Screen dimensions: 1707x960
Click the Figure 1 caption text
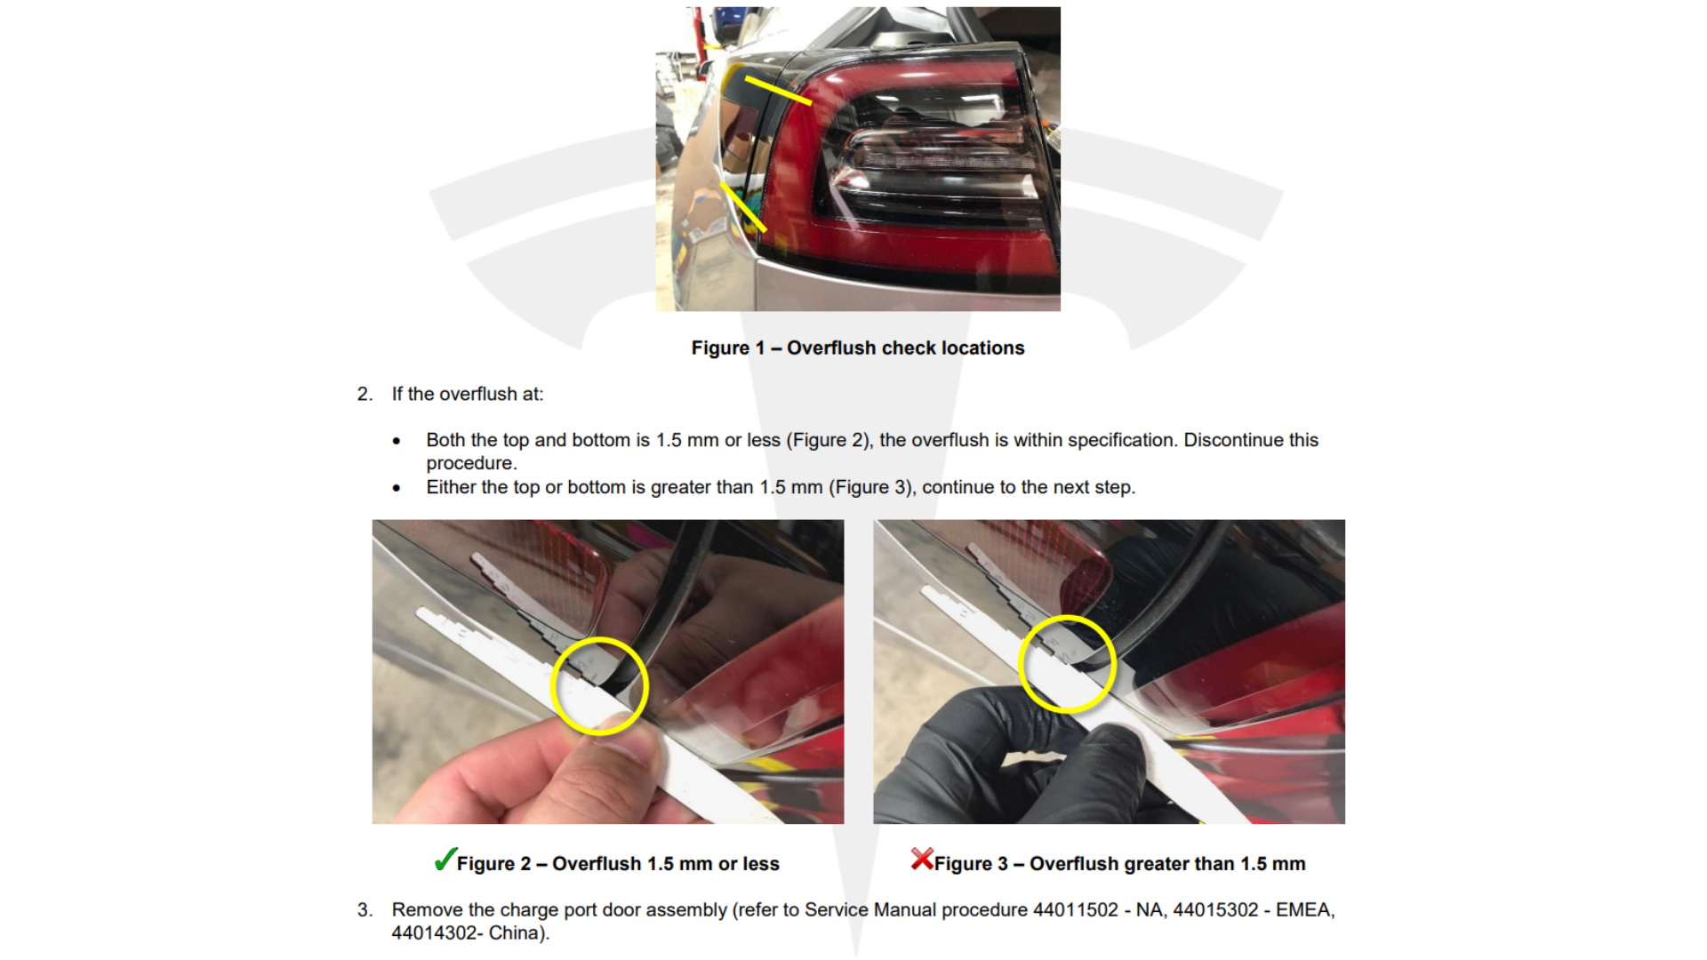pyautogui.click(x=858, y=348)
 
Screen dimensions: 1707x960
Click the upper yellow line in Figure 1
pyautogui.click(x=778, y=90)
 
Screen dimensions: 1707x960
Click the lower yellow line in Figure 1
pyautogui.click(x=743, y=206)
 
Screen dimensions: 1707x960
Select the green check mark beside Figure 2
pyautogui.click(x=445, y=860)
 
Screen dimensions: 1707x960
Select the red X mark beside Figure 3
pyautogui.click(x=922, y=859)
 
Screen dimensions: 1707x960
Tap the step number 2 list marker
pyautogui.click(x=365, y=394)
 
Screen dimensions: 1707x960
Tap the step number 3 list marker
pyautogui.click(x=365, y=910)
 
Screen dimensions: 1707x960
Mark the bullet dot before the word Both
pyautogui.click(x=397, y=441)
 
